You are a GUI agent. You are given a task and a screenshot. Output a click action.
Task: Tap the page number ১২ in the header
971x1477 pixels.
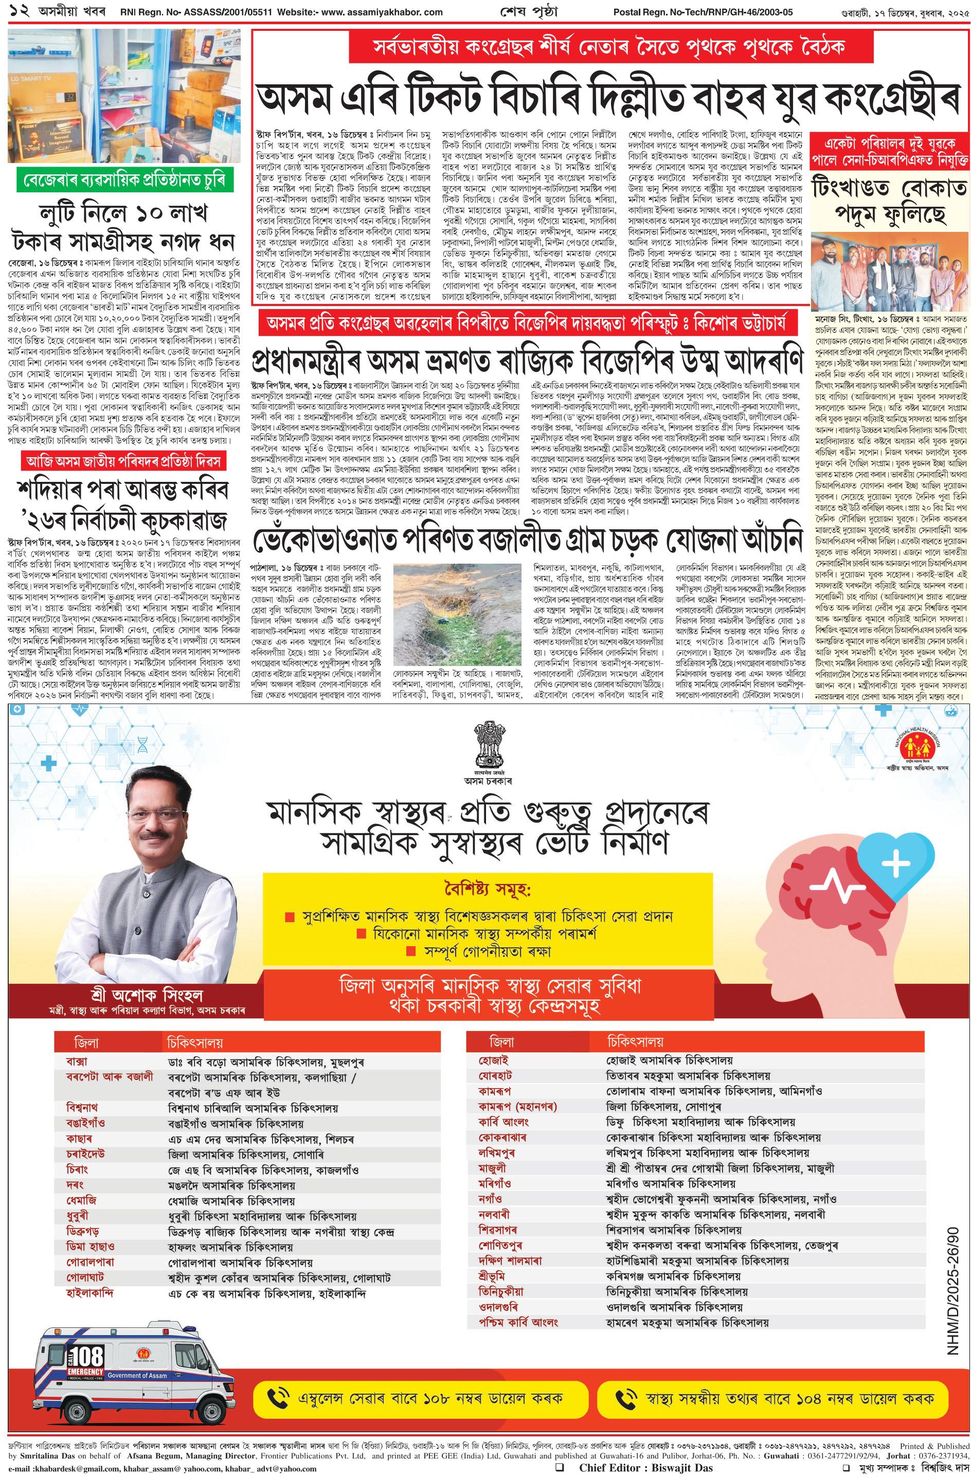[x=11, y=11]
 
